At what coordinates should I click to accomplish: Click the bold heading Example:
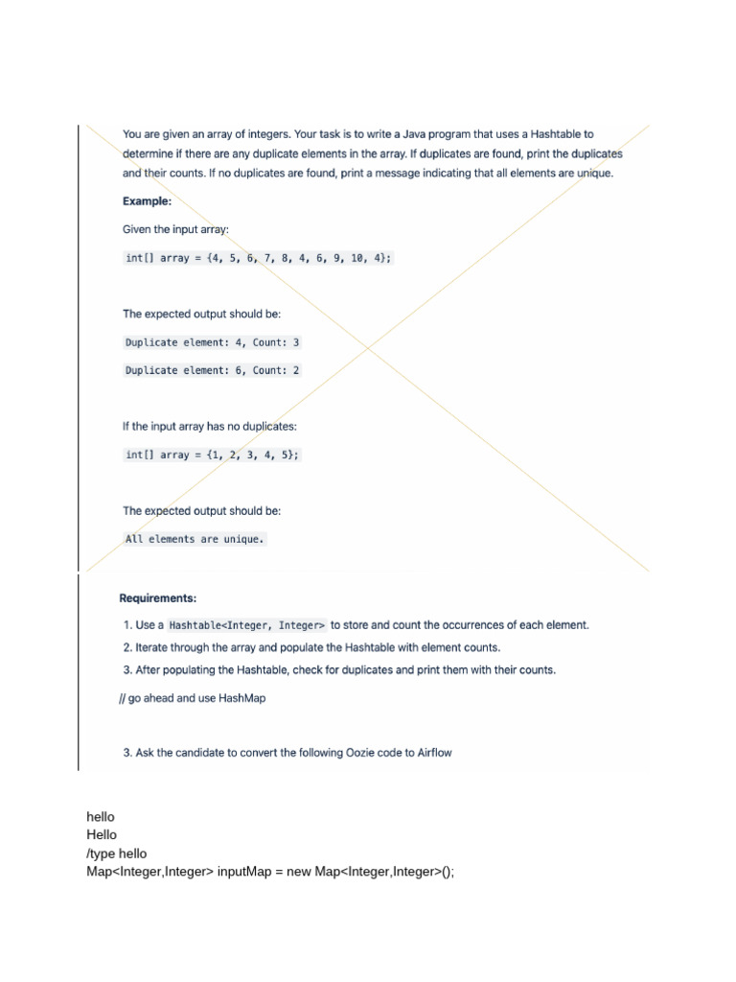(x=147, y=201)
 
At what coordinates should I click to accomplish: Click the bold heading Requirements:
(x=157, y=597)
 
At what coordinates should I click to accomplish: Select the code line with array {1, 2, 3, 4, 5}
(x=212, y=455)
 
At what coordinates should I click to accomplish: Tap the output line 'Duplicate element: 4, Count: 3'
(x=212, y=342)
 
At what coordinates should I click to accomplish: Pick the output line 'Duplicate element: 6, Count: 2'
(x=212, y=370)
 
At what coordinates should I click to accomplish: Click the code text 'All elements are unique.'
(x=194, y=539)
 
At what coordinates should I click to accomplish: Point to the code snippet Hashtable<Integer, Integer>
(x=247, y=625)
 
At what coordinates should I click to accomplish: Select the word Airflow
(x=434, y=753)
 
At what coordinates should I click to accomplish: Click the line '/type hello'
(x=117, y=853)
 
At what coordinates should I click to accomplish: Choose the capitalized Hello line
(x=102, y=834)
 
